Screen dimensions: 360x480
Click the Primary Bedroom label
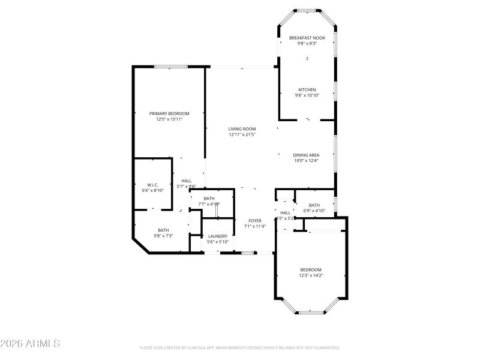point(169,113)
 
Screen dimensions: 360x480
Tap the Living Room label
point(242,128)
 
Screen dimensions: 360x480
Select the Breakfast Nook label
point(307,38)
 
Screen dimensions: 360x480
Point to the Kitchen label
point(307,89)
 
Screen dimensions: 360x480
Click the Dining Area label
point(306,155)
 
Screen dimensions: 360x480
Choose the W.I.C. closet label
point(152,185)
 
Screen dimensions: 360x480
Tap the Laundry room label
point(217,236)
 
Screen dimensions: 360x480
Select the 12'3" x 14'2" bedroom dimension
point(311,275)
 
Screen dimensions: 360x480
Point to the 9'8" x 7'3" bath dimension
point(163,236)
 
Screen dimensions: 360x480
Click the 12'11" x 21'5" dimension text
point(242,134)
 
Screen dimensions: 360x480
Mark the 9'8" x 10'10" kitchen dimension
point(307,95)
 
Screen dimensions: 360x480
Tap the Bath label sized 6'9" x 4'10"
point(314,205)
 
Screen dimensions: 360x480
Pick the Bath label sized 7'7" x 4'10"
point(209,199)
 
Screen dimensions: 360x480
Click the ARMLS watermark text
point(30,344)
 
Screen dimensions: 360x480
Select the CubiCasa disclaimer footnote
point(239,347)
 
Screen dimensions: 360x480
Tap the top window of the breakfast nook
point(306,10)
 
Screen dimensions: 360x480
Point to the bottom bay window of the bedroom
point(310,312)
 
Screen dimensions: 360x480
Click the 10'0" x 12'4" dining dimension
point(306,160)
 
